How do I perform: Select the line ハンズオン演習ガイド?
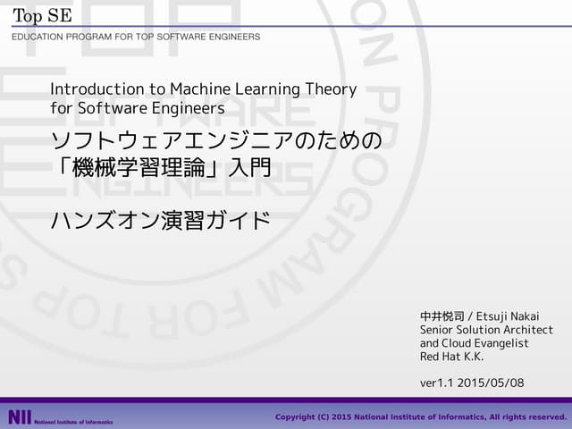161,220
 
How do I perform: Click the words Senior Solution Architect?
486,330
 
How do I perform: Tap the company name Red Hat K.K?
452,357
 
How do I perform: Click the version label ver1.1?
435,383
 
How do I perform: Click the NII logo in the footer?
19,417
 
